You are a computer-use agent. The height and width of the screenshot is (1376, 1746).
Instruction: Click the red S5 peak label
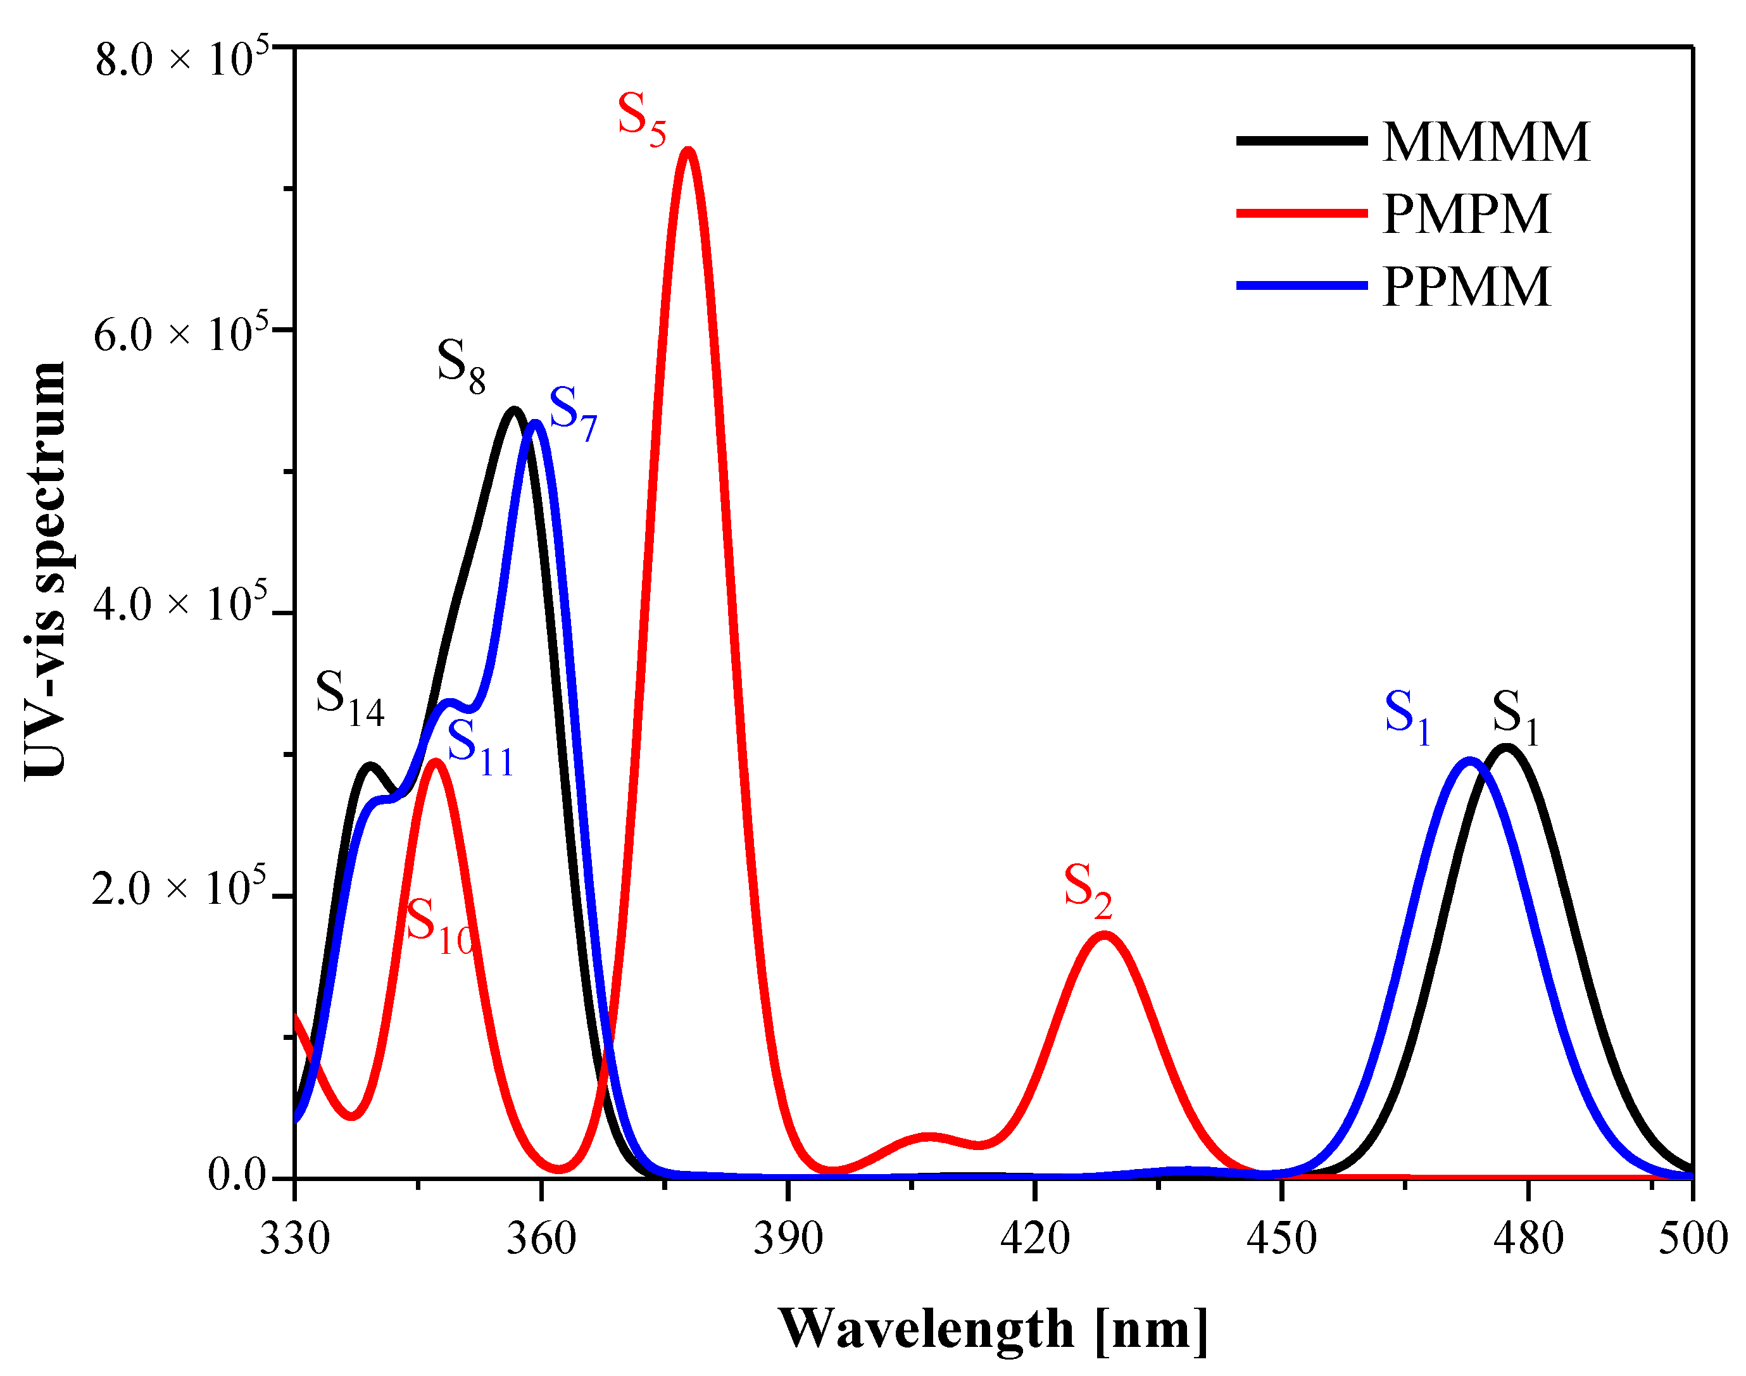click(x=641, y=118)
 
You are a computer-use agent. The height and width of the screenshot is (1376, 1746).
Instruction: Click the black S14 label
click(x=349, y=697)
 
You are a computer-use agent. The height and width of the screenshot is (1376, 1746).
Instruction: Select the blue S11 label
click(x=479, y=747)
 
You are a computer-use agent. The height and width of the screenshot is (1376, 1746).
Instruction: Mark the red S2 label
click(x=1087, y=890)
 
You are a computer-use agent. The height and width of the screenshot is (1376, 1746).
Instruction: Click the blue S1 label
click(x=1407, y=716)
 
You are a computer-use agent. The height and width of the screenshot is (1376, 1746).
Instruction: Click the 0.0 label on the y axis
click(x=237, y=1175)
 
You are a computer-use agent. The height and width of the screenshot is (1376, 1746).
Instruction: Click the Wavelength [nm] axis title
click(x=993, y=1329)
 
